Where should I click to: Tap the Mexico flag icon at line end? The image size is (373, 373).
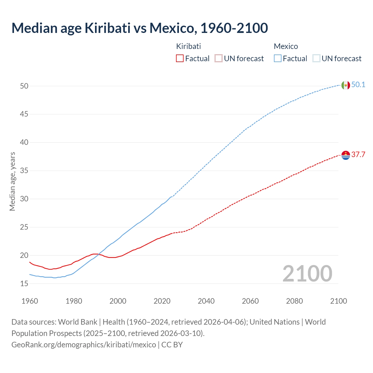coord(346,85)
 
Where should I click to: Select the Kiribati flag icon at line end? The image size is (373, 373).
coord(346,155)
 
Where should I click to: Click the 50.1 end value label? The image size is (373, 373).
coord(358,85)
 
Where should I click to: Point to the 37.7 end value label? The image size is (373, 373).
coord(358,155)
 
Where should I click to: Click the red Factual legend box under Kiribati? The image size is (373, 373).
coord(180,59)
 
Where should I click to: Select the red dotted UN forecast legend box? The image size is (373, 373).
coord(219,59)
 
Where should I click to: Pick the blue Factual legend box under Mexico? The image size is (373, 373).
coord(278,59)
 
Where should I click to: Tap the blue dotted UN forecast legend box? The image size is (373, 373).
coord(316,59)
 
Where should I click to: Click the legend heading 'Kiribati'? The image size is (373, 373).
coord(189,46)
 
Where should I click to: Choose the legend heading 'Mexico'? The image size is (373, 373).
coord(286,46)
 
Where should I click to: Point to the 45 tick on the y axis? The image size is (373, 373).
coord(24,114)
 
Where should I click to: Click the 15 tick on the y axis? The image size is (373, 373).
coord(24,284)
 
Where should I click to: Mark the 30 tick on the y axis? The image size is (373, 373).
coord(24,199)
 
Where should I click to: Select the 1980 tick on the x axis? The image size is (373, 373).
coord(74,301)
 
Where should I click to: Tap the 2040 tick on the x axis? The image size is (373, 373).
coord(206,301)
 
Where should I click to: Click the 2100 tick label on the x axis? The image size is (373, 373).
coord(338,301)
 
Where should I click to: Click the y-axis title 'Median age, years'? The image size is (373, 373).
coord(12,181)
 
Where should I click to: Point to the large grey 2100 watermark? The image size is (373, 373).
coord(307,274)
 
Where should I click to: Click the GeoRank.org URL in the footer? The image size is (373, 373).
coord(84,345)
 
